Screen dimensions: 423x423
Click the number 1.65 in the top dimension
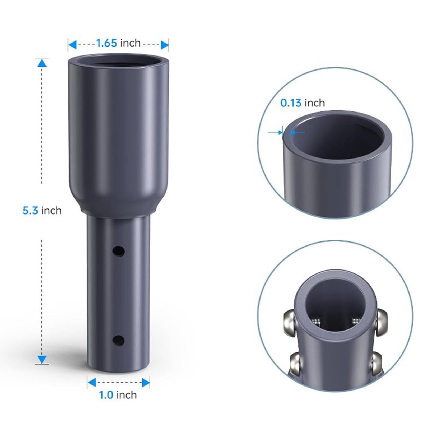tap(106, 43)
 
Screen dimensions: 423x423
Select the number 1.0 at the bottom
tap(106, 395)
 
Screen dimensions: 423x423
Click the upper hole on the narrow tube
tap(118, 251)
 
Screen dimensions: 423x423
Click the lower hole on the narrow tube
tap(118, 341)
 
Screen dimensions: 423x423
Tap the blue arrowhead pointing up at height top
tap(42, 63)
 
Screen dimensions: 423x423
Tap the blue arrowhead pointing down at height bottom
tap(42, 360)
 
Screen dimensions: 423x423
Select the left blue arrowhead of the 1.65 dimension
tap(73, 45)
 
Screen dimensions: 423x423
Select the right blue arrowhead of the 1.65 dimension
tap(164, 45)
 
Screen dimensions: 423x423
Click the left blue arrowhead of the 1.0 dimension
tap(92, 383)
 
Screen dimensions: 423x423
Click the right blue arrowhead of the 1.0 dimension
tap(146, 383)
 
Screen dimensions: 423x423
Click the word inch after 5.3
tap(51, 211)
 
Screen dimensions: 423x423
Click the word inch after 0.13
tap(314, 103)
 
